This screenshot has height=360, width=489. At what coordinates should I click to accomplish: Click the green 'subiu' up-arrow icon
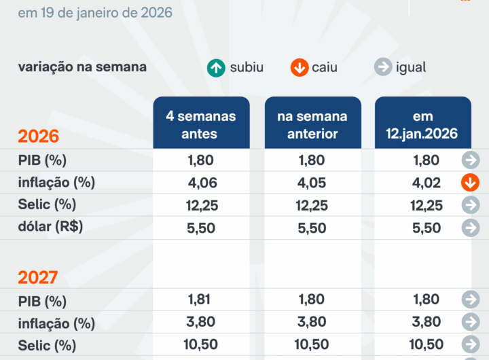point(216,67)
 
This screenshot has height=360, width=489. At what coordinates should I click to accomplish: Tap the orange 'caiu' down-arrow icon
point(299,67)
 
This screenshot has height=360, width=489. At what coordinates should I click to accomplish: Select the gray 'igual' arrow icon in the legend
point(383,67)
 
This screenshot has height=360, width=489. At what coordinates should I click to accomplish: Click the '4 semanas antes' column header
point(201,124)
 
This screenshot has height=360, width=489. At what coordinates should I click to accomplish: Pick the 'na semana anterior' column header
point(312,124)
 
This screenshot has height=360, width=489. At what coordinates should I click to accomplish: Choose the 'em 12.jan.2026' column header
point(422,124)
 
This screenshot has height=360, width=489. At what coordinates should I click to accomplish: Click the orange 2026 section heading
point(38,136)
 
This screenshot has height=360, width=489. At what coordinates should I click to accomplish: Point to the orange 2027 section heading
point(38,277)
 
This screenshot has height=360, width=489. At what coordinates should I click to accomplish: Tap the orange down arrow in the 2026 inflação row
point(470,183)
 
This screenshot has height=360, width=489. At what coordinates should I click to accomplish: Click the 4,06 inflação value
point(201,183)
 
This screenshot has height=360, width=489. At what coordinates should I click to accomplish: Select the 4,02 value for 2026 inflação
point(427,183)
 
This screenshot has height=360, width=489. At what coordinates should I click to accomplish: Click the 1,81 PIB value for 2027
point(201,300)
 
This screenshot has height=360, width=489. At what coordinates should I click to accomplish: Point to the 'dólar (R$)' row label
point(50,227)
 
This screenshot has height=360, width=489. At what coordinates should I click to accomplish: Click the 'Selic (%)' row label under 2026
point(47,204)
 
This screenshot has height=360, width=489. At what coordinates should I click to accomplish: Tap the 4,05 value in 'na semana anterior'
point(312,183)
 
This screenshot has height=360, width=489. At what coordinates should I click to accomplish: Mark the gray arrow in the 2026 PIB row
point(470,160)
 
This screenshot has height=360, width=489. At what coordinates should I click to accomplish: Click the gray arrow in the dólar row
point(470,228)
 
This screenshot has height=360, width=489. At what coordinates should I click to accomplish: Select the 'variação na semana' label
point(82,67)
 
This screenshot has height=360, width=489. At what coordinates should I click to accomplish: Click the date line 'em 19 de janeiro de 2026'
point(94,13)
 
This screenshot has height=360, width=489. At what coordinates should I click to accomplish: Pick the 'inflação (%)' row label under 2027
point(56,323)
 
